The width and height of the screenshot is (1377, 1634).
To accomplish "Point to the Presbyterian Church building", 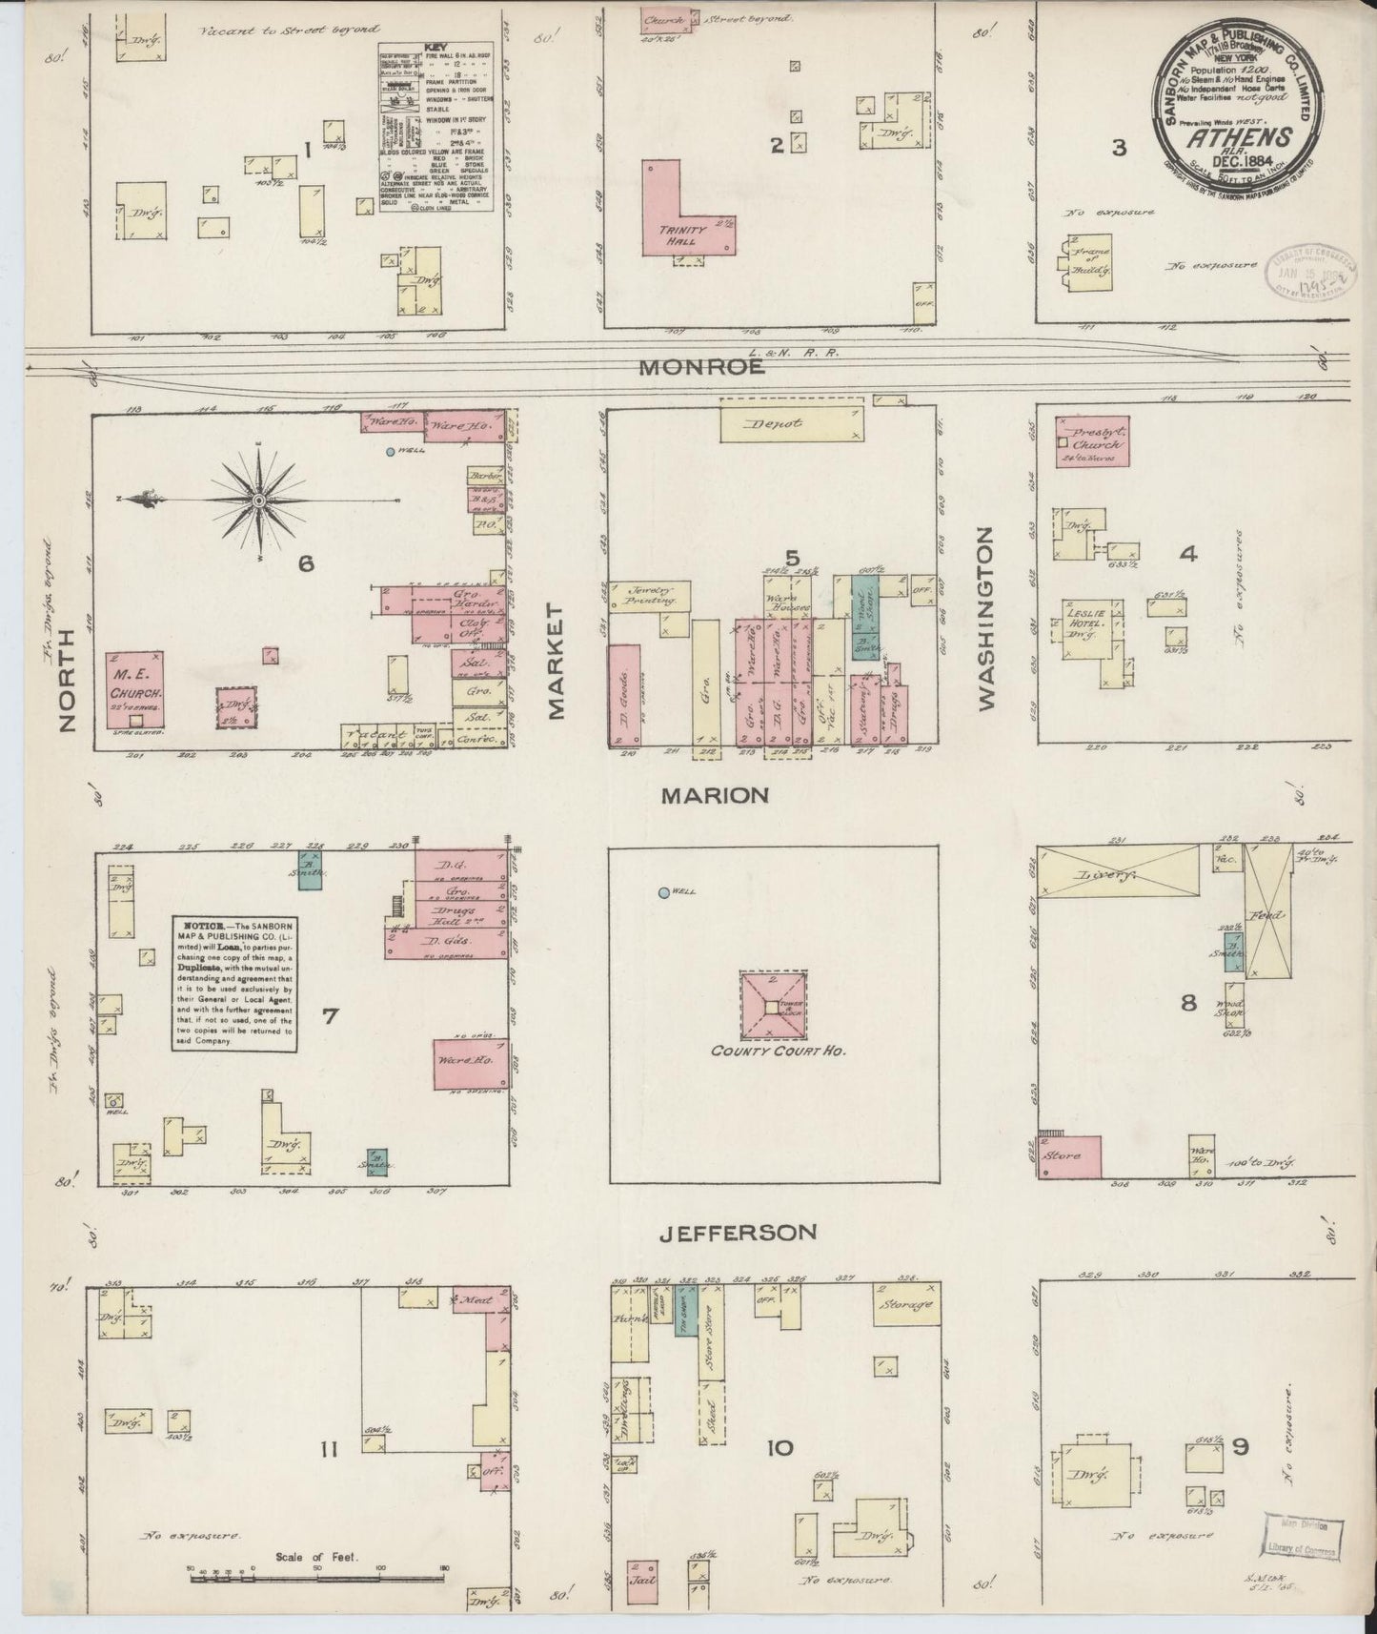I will click(x=1093, y=439).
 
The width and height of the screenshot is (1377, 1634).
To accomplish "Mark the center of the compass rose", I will click(x=259, y=499).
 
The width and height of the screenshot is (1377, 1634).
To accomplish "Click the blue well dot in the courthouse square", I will click(x=663, y=892).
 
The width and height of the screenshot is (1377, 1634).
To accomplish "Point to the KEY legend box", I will click(x=422, y=126).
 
